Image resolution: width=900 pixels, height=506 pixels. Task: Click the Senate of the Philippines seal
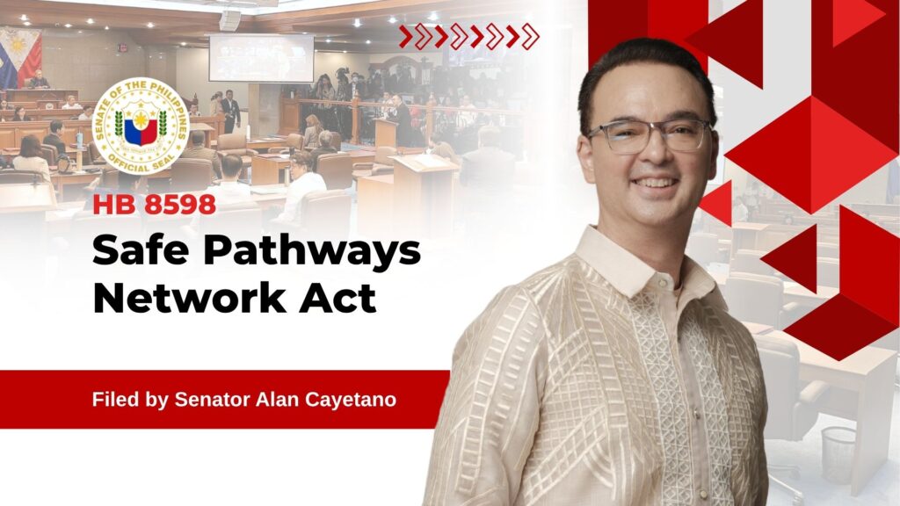pyautogui.click(x=141, y=126)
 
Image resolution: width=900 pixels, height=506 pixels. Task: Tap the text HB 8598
pyautogui.click(x=155, y=205)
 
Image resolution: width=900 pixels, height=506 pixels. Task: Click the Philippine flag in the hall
pyautogui.click(x=21, y=57)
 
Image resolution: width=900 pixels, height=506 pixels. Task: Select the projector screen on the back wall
pyautogui.click(x=261, y=58)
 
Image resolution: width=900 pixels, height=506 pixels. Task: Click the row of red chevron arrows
pyautogui.click(x=469, y=37)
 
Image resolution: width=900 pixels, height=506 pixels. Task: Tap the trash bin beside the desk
pyautogui.click(x=838, y=455)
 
